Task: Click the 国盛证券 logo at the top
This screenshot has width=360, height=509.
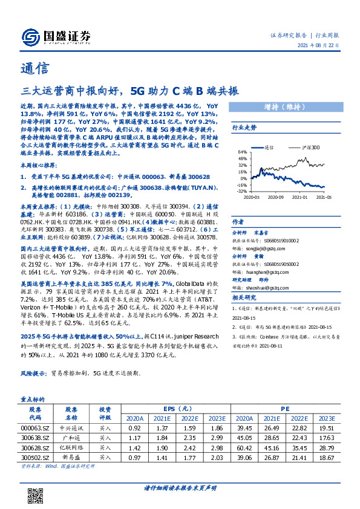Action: click(54, 36)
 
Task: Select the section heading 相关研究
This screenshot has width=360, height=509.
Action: click(244, 297)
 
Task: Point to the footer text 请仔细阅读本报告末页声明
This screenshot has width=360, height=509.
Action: click(180, 487)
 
